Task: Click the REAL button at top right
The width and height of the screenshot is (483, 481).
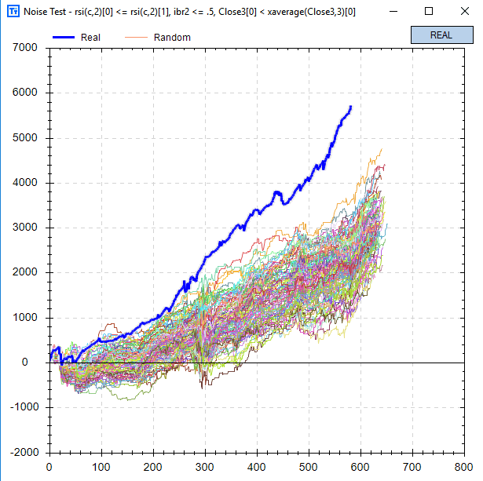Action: [441, 35]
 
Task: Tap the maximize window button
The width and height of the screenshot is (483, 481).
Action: [429, 12]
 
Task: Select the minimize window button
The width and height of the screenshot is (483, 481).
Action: [393, 12]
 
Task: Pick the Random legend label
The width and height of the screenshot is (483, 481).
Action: [172, 37]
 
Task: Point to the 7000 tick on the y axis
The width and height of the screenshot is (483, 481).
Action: [27, 48]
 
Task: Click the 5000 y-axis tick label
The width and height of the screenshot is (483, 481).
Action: [27, 138]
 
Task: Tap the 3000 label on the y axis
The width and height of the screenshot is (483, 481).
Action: [27, 228]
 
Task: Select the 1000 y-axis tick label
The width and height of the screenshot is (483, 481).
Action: [27, 318]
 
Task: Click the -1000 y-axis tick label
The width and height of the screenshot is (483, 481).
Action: [25, 408]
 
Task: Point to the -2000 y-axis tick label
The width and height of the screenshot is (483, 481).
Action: [25, 453]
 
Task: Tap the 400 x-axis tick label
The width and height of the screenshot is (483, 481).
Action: [257, 466]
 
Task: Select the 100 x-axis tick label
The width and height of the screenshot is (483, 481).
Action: [101, 466]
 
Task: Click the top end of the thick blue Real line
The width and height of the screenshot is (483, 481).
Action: [350, 106]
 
